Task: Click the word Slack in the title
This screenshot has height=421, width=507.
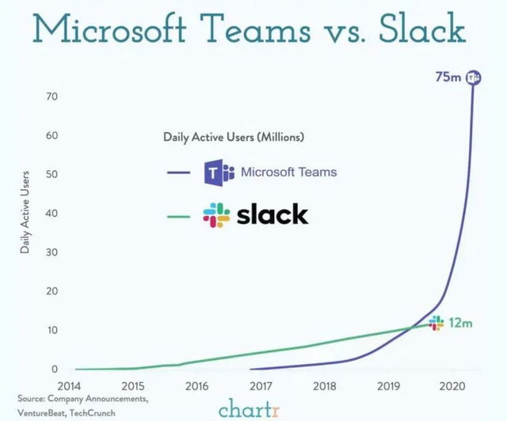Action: [x=422, y=29]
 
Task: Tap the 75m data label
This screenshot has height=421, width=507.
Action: [x=448, y=77]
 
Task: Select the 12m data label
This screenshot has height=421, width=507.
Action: [x=461, y=323]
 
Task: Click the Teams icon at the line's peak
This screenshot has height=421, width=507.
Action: [x=474, y=77]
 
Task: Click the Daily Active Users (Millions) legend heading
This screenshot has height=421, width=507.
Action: [x=234, y=137]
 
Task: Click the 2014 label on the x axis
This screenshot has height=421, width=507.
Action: [x=69, y=386]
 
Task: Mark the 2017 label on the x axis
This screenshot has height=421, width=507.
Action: [x=261, y=386]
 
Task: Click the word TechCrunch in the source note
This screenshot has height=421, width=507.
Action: [x=93, y=413]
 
